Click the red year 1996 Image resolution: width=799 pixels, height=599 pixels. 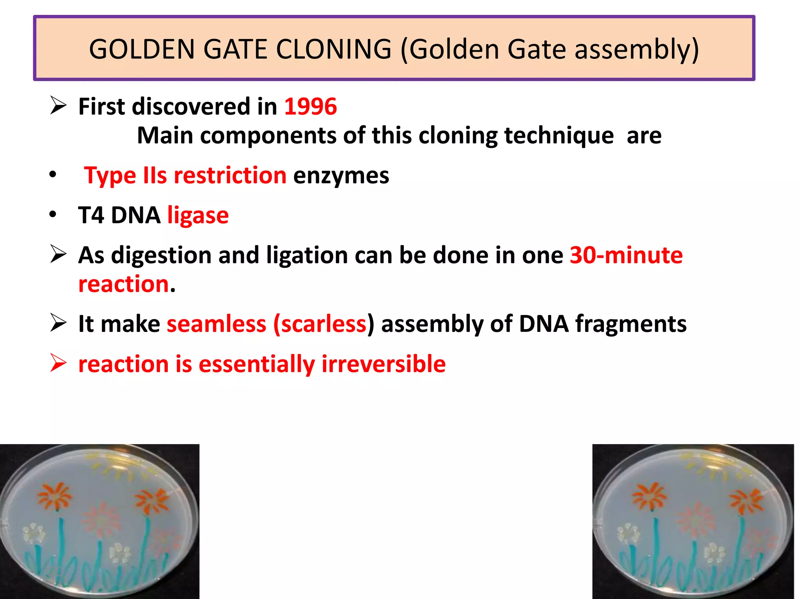tap(310, 106)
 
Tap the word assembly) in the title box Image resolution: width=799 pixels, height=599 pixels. tap(637, 50)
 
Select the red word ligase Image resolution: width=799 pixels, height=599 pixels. tap(198, 215)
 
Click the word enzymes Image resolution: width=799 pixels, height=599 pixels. tap(341, 175)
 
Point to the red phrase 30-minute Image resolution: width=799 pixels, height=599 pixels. tap(626, 255)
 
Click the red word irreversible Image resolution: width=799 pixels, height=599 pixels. tap(383, 364)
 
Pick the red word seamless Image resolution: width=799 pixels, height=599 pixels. tap(216, 324)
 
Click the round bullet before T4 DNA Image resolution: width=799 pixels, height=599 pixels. tap(53, 214)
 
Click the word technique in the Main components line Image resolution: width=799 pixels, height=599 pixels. tap(559, 136)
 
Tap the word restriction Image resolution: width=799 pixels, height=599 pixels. tap(230, 175)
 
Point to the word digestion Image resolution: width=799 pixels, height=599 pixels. tap(161, 256)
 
